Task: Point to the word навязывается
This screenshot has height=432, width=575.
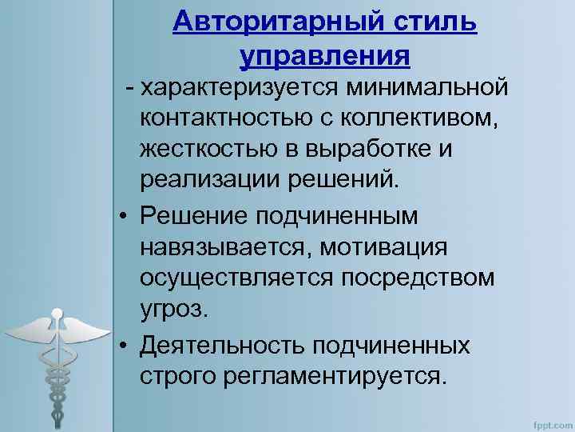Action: tap(224, 246)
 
